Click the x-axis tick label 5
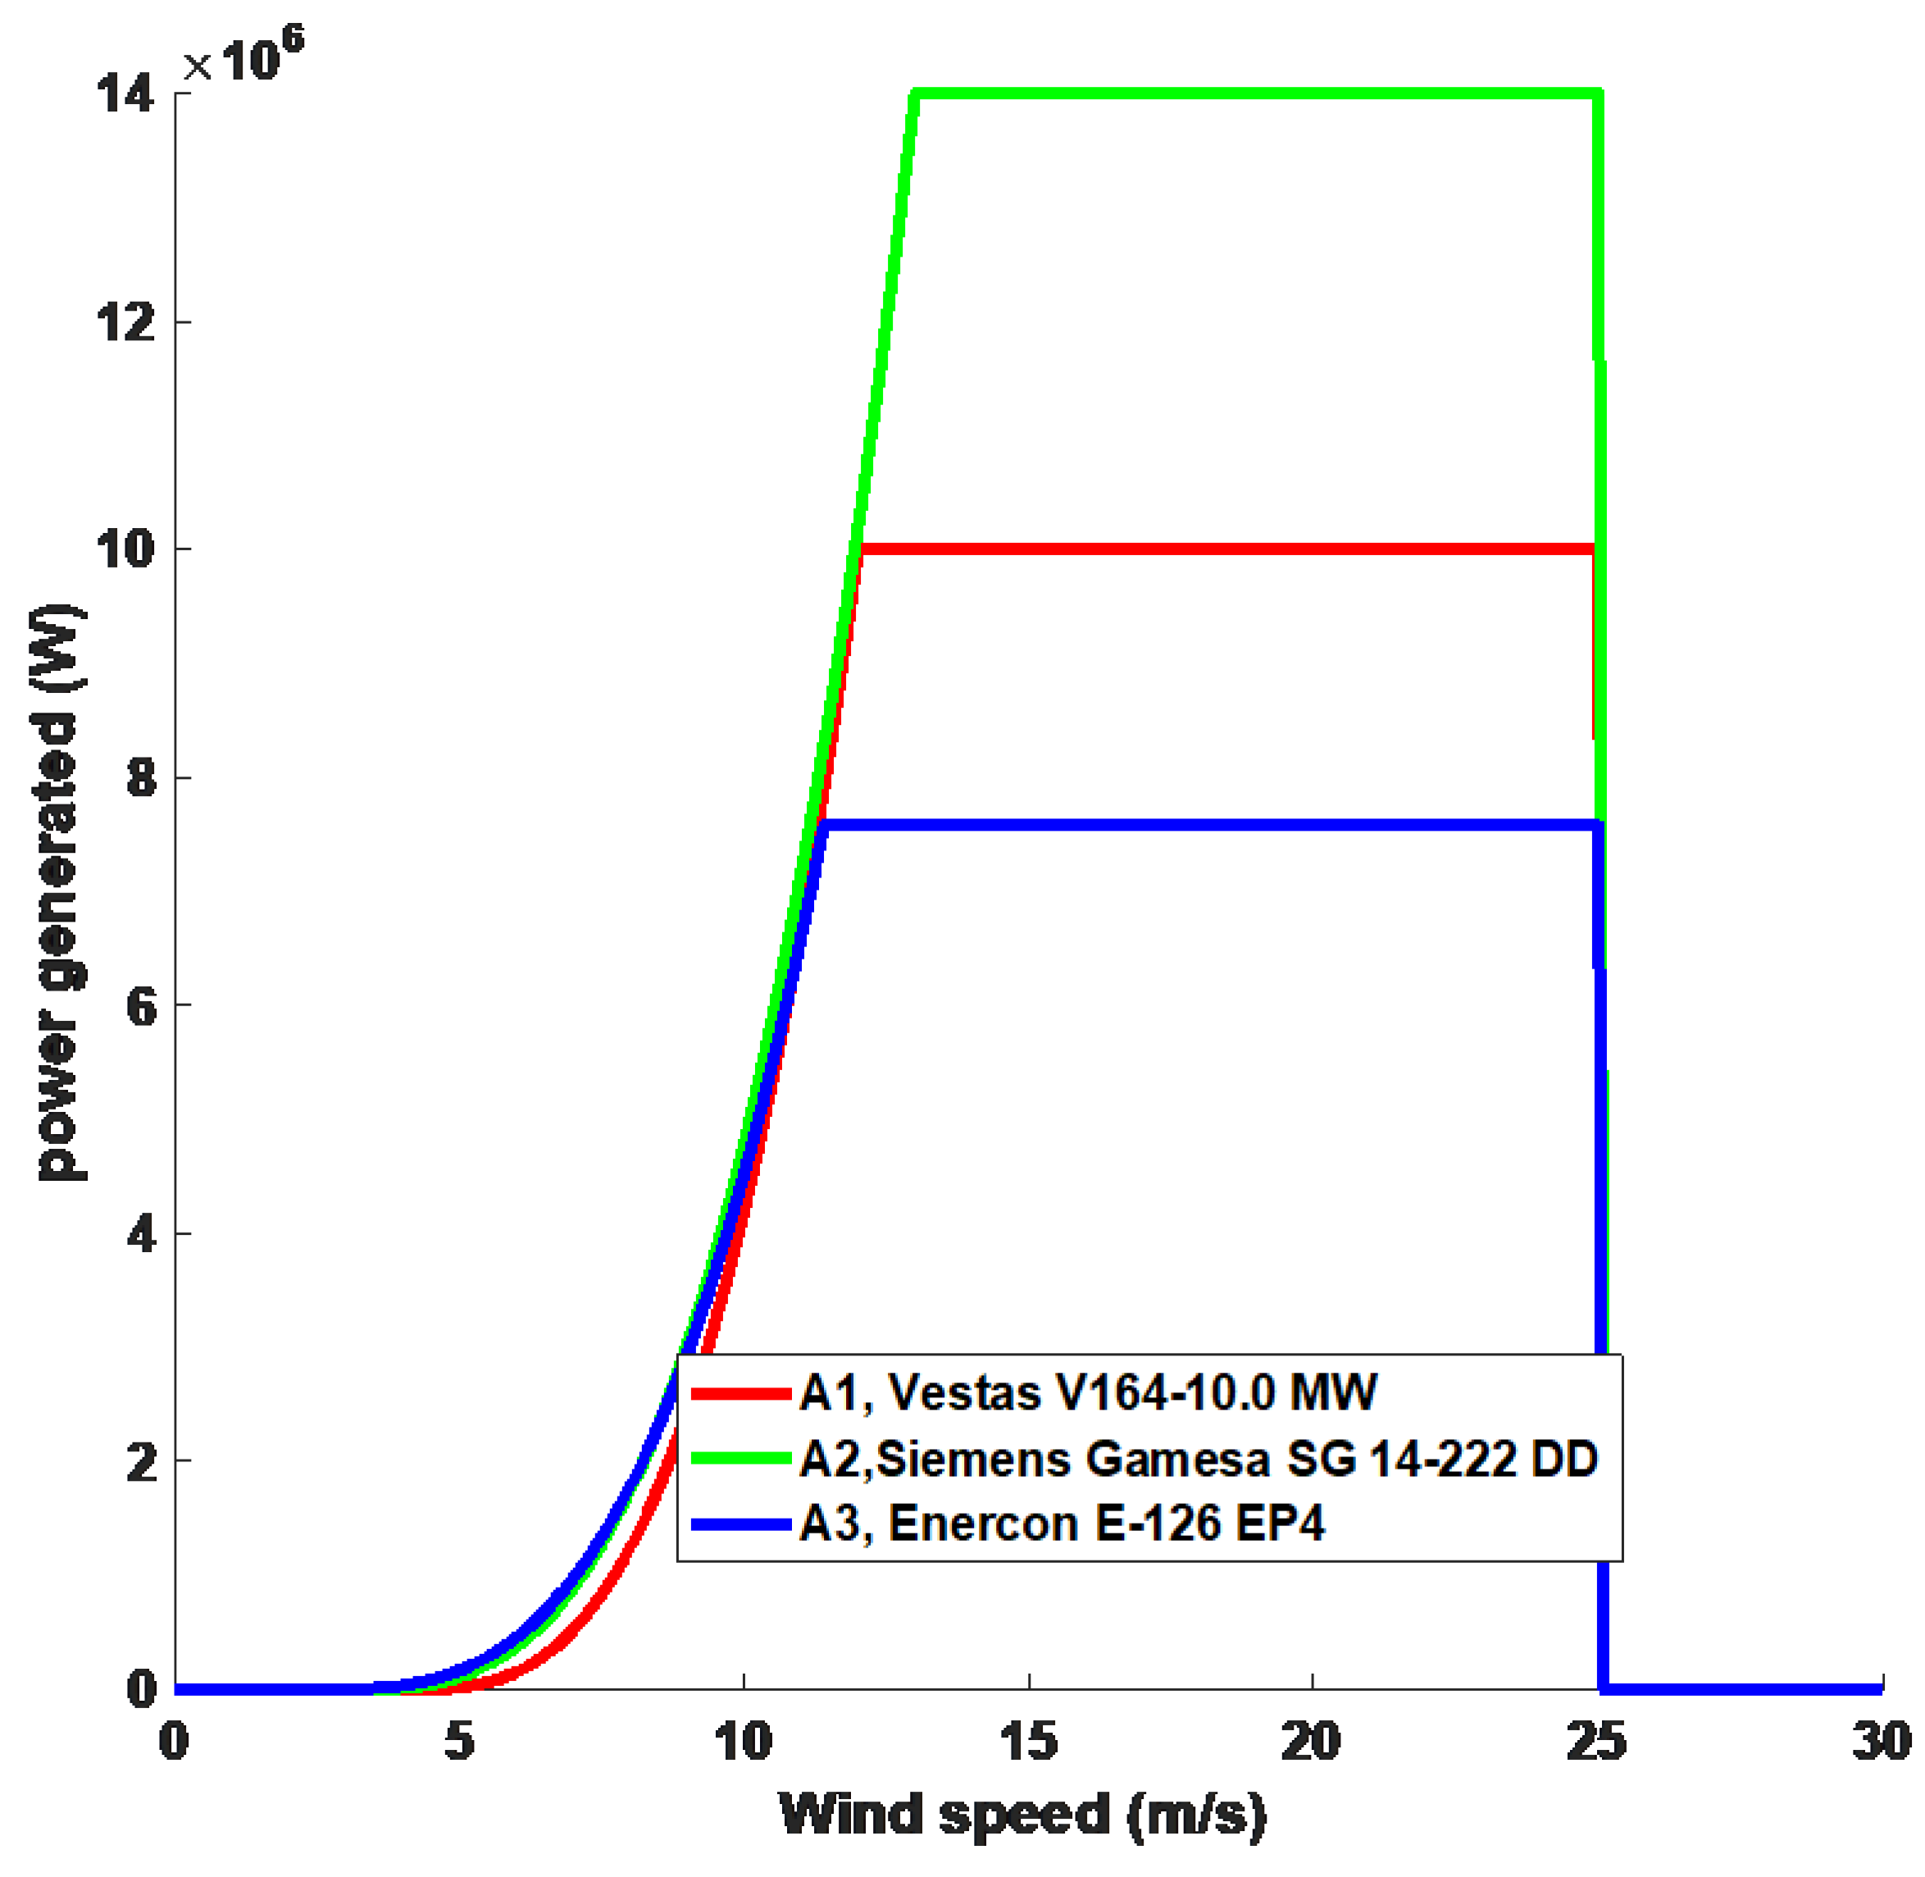click(x=459, y=1742)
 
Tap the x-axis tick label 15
click(x=1028, y=1742)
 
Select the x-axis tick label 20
click(x=1311, y=1742)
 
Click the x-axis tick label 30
click(x=1881, y=1742)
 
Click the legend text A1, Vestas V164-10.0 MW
click(x=1087, y=1393)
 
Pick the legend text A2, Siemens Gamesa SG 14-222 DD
click(x=1198, y=1459)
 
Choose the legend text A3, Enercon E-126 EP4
click(x=1062, y=1524)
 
